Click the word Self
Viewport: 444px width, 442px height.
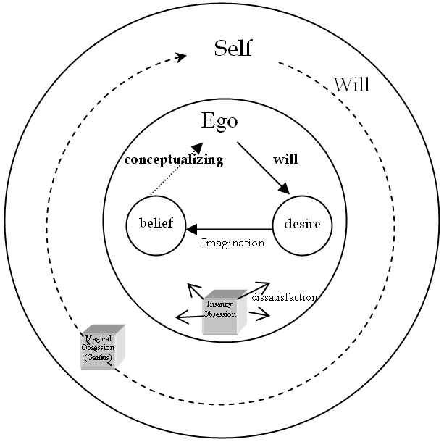233,49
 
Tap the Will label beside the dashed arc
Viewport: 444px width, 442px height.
351,85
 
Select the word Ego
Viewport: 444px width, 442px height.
219,120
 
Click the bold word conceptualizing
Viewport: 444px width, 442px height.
173,160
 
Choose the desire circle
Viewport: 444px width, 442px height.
302,224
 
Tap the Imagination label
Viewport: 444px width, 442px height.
233,243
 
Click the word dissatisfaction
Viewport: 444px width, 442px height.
284,297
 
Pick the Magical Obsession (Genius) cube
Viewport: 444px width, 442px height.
101,348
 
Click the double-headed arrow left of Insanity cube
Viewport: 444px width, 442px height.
190,317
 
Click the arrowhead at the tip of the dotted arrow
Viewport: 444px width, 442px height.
208,149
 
